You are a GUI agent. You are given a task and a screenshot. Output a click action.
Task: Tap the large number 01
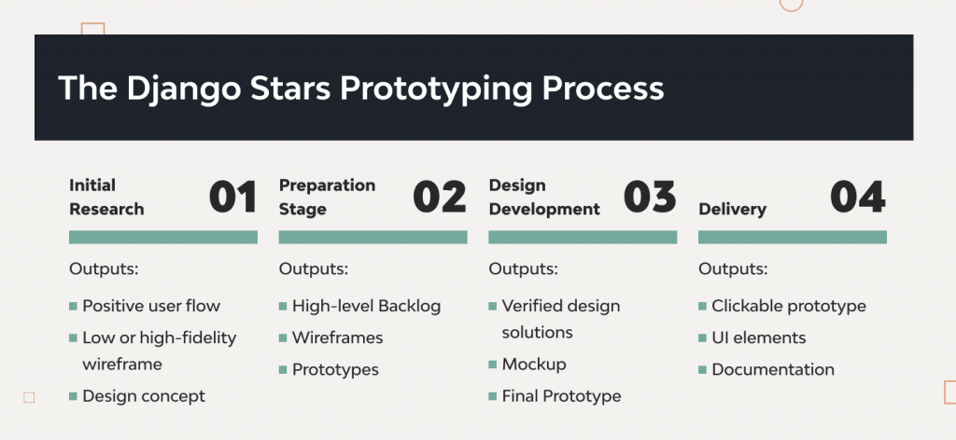click(x=232, y=198)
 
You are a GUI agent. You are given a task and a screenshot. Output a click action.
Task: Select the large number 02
click(x=440, y=198)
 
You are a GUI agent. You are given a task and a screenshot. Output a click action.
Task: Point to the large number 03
click(x=650, y=198)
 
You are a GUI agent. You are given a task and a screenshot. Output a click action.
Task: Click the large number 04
click(x=858, y=198)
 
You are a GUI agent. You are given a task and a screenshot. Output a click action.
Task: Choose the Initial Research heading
click(x=106, y=197)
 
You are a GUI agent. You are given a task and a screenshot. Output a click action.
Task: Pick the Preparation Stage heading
click(x=327, y=197)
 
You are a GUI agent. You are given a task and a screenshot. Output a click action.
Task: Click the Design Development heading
click(x=544, y=197)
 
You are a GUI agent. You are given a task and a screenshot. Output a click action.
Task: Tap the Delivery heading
click(x=733, y=209)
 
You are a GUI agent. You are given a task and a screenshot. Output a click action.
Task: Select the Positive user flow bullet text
click(x=151, y=306)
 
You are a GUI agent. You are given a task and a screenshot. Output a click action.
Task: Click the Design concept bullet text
click(x=144, y=396)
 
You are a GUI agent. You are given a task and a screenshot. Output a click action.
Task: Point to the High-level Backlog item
click(x=366, y=306)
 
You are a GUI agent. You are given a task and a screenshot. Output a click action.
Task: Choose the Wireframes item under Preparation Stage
click(x=337, y=337)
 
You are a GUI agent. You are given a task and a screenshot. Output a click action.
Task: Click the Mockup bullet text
click(x=534, y=364)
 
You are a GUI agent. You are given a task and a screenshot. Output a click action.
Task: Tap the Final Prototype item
click(x=561, y=396)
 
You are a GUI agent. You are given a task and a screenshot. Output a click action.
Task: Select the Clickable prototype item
click(x=789, y=306)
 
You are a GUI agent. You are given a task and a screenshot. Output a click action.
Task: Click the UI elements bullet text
click(x=758, y=337)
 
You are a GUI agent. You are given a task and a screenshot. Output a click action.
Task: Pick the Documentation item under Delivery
click(x=773, y=369)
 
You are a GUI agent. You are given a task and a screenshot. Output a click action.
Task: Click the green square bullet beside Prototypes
click(x=283, y=370)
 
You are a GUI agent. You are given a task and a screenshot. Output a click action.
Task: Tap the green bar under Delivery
click(x=793, y=238)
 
